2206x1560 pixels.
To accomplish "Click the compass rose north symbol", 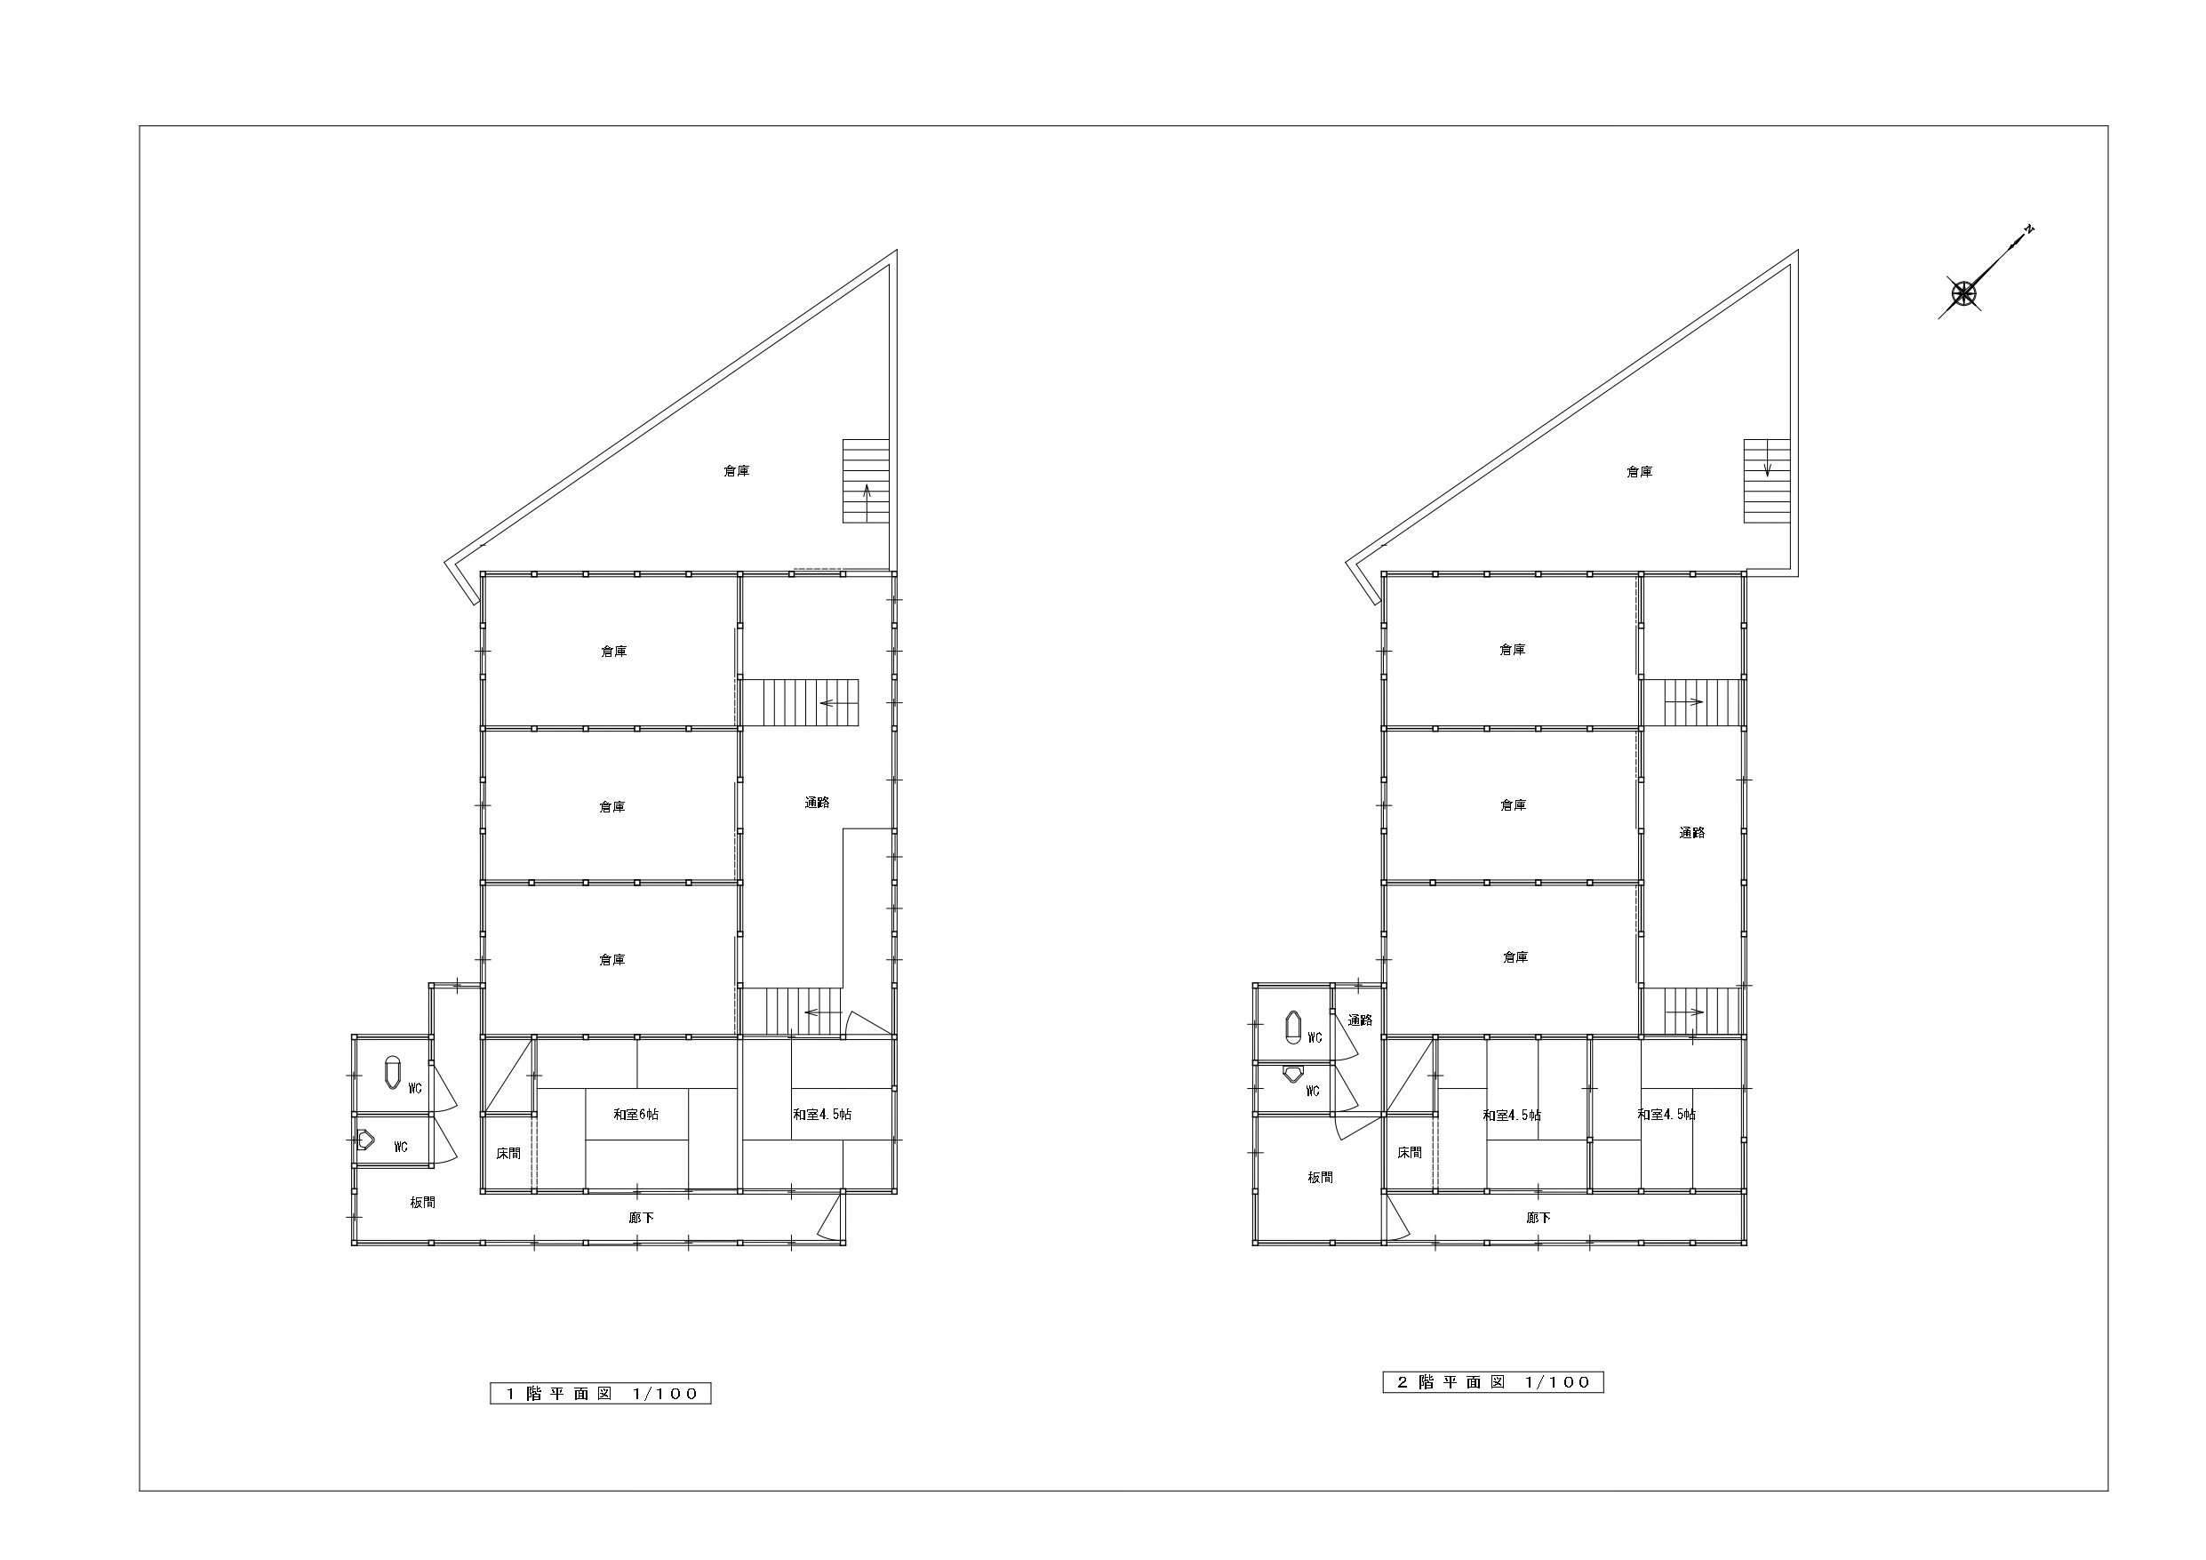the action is [x=1963, y=294].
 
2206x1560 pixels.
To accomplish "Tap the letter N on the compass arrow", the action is [x=2028, y=228].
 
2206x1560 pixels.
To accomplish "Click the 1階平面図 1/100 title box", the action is [x=601, y=1393].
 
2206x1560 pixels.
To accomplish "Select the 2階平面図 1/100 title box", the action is [x=1493, y=1382].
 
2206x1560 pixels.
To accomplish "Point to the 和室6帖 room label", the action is [x=636, y=1114].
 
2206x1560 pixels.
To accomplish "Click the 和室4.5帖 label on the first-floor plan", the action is [x=821, y=1114].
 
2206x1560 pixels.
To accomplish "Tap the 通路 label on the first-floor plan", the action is [x=817, y=803].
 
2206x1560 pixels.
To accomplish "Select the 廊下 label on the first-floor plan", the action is [x=641, y=1218].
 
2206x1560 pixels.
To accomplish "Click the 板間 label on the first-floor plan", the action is [x=423, y=1203].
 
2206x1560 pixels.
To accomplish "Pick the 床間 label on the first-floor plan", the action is [x=508, y=1154].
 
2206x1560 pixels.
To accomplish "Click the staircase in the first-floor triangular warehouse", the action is [x=866, y=481].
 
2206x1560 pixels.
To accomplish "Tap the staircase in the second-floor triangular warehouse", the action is [x=1767, y=481].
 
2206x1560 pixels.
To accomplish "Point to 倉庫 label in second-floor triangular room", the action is [x=1639, y=472].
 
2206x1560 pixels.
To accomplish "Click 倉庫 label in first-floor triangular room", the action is [x=737, y=471].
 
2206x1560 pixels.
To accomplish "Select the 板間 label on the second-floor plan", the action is [x=1320, y=1178].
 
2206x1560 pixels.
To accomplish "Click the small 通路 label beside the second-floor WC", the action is [x=1360, y=1020].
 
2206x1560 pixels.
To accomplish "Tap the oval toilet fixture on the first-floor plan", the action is [x=392, y=1073].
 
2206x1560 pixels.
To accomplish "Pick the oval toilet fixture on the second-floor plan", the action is [x=1293, y=1027].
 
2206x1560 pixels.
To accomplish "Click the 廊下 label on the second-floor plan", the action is [x=1539, y=1218].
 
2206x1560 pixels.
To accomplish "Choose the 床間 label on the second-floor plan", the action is [x=1410, y=1153].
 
